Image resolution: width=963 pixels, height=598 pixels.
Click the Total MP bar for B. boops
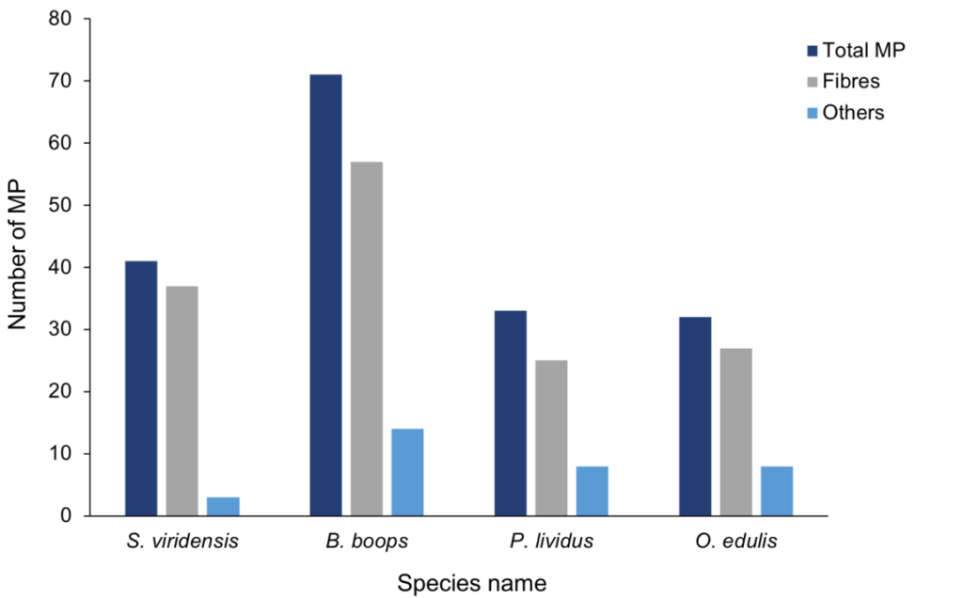325,295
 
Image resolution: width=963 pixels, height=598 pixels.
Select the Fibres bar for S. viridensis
182,401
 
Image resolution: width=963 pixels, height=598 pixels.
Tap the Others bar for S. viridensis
223,506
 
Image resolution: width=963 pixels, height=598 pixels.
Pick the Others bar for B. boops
407,472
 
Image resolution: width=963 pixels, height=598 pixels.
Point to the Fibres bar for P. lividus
551,438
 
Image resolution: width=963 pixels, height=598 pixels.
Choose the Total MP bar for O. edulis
695,417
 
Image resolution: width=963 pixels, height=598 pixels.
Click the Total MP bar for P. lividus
511,413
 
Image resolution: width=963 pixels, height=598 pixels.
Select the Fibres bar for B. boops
367,338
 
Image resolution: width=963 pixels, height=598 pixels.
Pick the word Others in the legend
854,113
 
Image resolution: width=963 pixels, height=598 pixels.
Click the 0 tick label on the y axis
68,516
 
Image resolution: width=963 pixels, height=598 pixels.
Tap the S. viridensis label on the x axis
182,542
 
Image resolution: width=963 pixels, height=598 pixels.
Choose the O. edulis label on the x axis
735,542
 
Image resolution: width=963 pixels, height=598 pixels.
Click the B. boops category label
367,542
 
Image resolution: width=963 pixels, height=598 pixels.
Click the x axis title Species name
471,582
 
